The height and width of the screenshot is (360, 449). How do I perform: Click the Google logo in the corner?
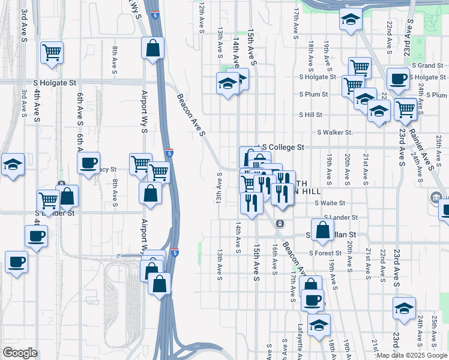20,353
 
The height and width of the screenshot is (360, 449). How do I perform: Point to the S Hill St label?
311,115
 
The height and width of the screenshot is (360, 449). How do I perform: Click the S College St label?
282,147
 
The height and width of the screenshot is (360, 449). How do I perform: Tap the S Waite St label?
330,203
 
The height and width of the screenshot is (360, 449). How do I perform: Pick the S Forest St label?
327,253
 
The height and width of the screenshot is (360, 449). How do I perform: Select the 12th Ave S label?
202,18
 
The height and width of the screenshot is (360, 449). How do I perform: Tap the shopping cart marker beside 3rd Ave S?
52,52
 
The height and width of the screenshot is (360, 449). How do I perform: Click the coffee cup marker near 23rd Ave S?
397,78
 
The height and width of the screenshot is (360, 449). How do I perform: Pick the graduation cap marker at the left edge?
12,164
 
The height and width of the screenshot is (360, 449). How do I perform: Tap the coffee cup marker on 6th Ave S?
89,163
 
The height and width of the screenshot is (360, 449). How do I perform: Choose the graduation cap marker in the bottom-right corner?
405,308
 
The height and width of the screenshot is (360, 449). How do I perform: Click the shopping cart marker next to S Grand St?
360,67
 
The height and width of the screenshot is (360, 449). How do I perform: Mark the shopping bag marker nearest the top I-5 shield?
153,48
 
